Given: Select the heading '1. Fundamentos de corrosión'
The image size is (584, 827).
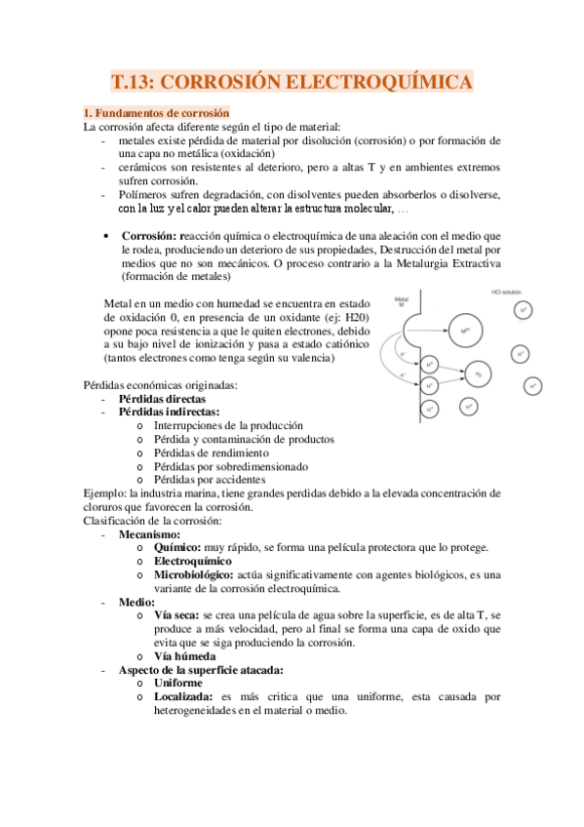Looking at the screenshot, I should coord(156,112).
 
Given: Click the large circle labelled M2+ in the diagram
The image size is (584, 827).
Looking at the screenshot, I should coord(464,332).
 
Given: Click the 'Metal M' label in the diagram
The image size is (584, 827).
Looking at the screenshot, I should coord(403,302).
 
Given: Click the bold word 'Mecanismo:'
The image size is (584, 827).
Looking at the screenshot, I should coord(149,534).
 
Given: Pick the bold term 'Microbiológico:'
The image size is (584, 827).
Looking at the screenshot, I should coord(193,575).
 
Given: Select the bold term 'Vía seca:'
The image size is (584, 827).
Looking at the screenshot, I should coord(175,615).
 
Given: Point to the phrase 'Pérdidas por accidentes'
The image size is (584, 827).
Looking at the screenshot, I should coord(209,480).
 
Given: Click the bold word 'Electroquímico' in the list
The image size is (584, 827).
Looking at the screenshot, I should coord(193,562).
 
